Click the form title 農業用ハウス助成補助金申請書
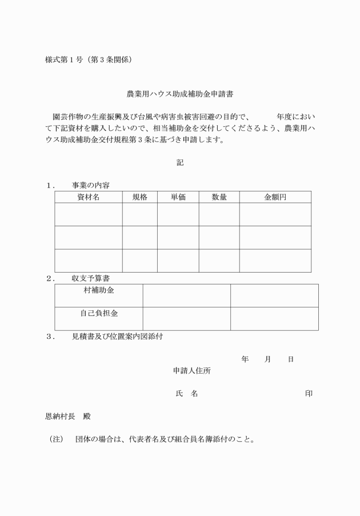pos(180,93)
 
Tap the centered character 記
pos(179,162)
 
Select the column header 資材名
pos(88,197)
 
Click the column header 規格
pos(140,197)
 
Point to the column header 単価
pos(178,197)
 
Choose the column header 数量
pos(219,197)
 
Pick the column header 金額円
pos(275,197)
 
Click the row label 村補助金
pos(99,290)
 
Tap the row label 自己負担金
pos(99,313)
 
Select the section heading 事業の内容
pos(91,185)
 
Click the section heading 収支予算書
pos(91,278)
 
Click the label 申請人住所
pos(191,370)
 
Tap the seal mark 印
pos(309,394)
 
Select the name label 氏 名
pos(186,394)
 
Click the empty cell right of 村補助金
pos(186,295)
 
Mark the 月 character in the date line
pos(267,359)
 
